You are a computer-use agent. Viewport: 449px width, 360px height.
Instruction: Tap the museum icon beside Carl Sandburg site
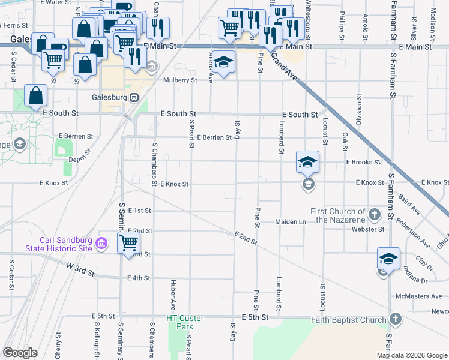click(101, 243)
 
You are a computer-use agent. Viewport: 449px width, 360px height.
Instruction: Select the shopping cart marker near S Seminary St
click(128, 244)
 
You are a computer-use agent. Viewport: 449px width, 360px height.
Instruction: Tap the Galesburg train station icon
click(135, 97)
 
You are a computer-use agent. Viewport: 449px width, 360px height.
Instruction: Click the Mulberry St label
click(180, 80)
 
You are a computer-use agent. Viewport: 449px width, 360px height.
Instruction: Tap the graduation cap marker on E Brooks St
click(307, 163)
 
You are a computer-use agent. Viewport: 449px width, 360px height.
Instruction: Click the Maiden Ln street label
click(291, 222)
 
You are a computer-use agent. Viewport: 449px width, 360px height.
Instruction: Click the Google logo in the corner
click(20, 353)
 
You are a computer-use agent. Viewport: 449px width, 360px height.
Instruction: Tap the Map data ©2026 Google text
click(411, 355)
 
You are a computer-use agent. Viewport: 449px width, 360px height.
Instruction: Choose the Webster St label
click(368, 229)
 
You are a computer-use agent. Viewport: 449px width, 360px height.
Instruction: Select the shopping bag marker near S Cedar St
click(36, 96)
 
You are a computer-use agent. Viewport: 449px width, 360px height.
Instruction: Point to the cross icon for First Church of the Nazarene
click(374, 214)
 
